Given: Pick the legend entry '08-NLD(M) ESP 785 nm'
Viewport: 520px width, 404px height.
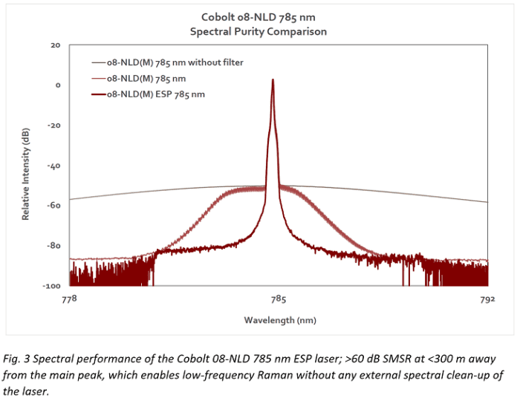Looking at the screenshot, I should point(157,94).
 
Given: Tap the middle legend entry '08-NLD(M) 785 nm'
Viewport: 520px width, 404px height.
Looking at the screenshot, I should point(146,78).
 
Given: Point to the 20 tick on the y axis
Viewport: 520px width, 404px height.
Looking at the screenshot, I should point(55,45).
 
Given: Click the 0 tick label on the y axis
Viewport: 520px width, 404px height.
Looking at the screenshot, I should point(57,85).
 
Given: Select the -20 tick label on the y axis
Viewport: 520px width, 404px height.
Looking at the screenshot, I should point(53,126).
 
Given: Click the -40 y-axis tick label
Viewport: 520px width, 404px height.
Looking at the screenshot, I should point(53,166).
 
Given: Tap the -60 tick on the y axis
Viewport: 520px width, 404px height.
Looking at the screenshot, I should point(53,206).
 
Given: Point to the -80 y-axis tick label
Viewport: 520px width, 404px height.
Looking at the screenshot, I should point(53,246).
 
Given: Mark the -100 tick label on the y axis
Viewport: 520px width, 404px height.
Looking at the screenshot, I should point(52,286).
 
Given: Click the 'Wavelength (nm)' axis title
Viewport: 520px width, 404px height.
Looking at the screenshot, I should point(279,319).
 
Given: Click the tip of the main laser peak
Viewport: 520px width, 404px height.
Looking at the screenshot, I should point(273,80).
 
